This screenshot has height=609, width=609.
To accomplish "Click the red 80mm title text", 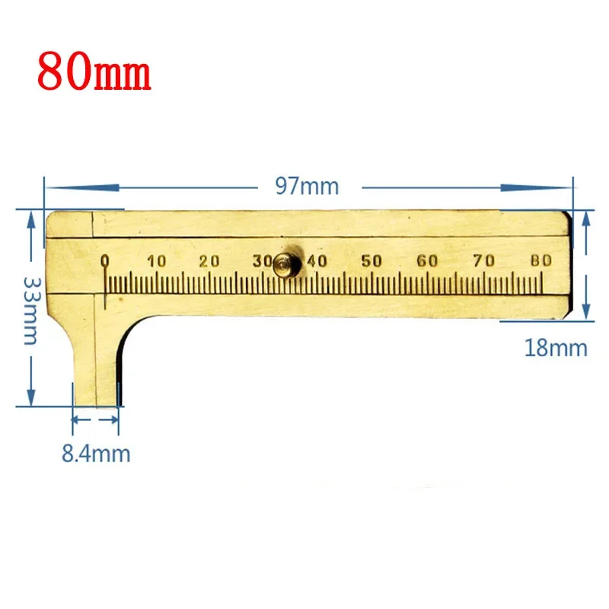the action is (94, 72).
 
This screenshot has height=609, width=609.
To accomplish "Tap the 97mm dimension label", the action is (307, 186).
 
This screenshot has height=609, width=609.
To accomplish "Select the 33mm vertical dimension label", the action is (31, 311).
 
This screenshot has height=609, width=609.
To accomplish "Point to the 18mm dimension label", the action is (556, 348).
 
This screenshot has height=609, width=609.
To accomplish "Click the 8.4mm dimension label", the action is (96, 454).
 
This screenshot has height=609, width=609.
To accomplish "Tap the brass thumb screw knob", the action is (287, 263).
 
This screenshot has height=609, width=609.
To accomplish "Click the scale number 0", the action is (104, 261).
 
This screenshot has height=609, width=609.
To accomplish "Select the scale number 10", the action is (157, 261).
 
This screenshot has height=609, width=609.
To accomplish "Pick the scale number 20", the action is (209, 261).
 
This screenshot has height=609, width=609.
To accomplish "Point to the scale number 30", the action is (263, 261).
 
